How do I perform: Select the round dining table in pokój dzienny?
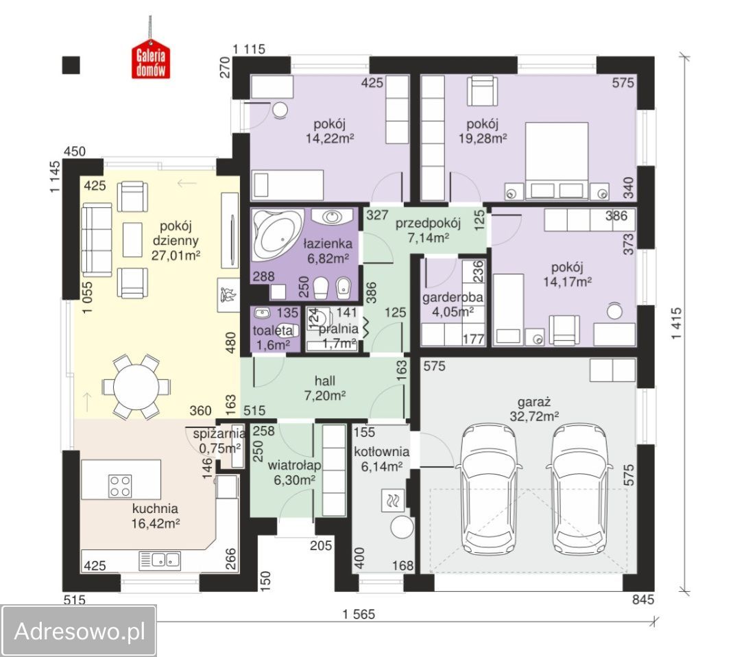(136, 387)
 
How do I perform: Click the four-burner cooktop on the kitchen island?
(120, 486)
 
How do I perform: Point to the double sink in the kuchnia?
(160, 561)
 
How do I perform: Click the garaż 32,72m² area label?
(534, 409)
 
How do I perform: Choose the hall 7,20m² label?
(325, 388)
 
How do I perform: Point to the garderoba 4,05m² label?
(453, 304)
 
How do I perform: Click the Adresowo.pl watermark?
(80, 631)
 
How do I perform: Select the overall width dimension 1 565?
(359, 614)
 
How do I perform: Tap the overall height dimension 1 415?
(677, 324)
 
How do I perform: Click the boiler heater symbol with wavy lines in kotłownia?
(392, 501)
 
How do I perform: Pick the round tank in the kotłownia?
(402, 528)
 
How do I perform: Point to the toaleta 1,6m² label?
(273, 337)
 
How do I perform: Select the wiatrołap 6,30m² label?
(295, 473)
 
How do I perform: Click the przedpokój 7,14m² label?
(428, 230)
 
